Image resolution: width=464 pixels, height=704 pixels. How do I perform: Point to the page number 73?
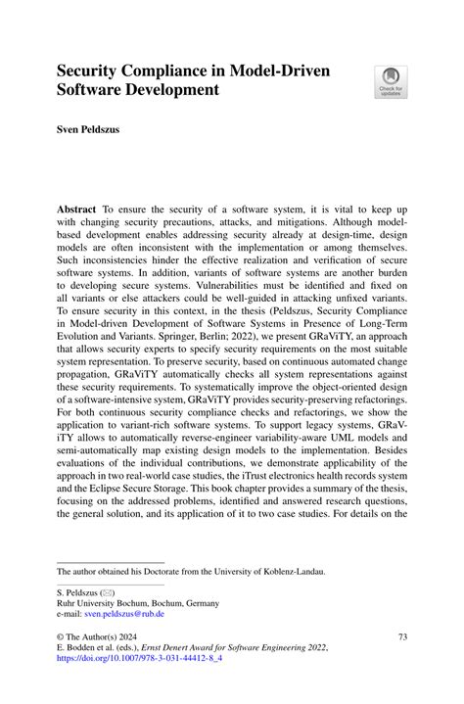(x=399, y=636)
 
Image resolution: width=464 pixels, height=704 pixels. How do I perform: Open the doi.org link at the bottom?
(x=155, y=660)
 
